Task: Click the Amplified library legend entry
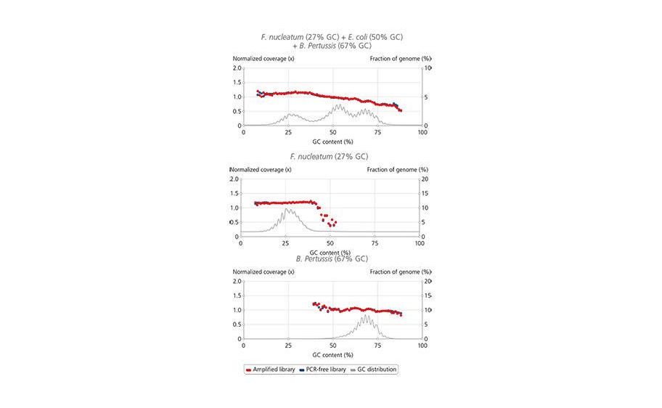click(x=271, y=370)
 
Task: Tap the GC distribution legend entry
click(x=373, y=370)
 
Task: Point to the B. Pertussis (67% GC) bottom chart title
click(x=332, y=258)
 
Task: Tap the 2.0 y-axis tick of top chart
click(x=237, y=68)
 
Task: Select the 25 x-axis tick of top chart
click(x=288, y=132)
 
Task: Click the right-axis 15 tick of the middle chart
click(x=426, y=193)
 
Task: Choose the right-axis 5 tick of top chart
click(x=426, y=97)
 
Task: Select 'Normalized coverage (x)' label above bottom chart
click(x=263, y=272)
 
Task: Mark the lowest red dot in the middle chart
click(x=330, y=226)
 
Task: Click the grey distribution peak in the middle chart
click(x=287, y=209)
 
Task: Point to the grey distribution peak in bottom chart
click(x=367, y=315)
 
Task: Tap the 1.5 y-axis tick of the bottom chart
click(x=237, y=295)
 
